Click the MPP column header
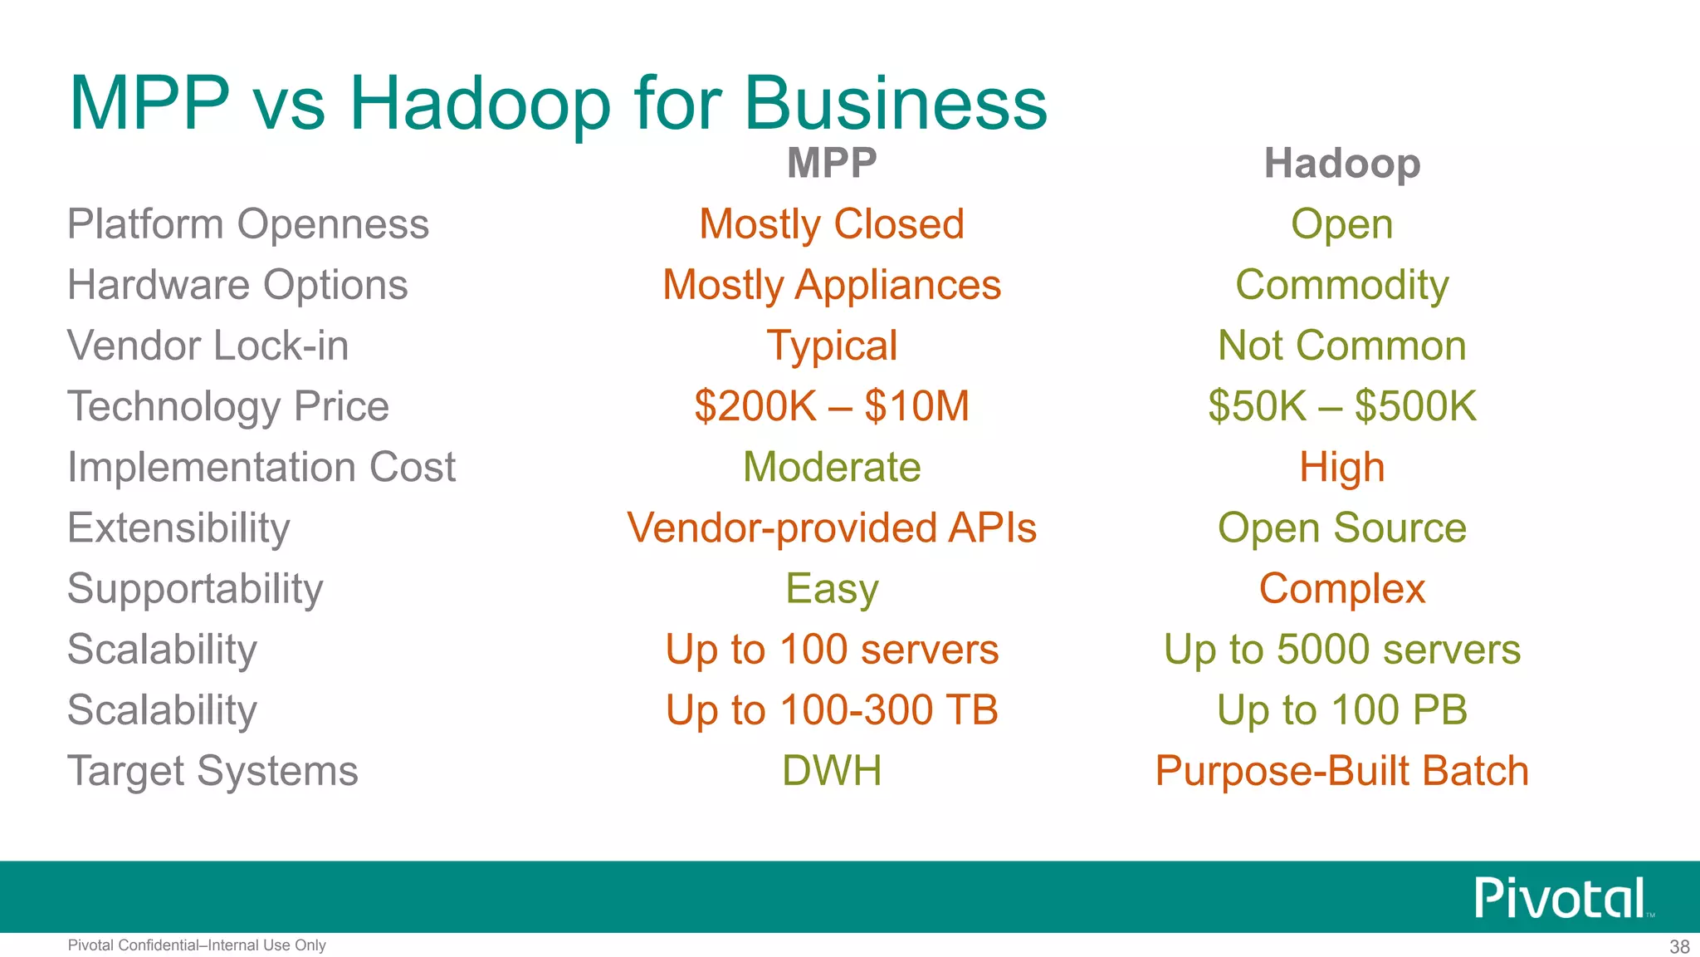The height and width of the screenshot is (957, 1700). (x=832, y=163)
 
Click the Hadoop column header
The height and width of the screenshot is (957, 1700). (x=1341, y=163)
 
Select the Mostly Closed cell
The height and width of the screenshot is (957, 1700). (x=832, y=224)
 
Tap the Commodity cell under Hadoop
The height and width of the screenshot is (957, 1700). (x=1341, y=285)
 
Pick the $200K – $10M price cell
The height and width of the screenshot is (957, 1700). (x=832, y=406)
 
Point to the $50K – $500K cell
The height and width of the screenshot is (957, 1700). (x=1341, y=406)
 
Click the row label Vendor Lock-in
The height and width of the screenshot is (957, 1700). (x=208, y=346)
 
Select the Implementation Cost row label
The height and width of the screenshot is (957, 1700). (x=261, y=467)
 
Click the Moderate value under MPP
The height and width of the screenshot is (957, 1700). (x=832, y=467)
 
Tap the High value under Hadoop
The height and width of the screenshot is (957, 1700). (x=1341, y=467)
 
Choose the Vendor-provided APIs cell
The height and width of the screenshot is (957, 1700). (x=832, y=528)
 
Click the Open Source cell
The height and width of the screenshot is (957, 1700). (x=1341, y=528)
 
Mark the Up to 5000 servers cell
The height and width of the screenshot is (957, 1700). (x=1341, y=649)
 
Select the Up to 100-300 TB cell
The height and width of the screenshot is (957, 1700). (x=832, y=709)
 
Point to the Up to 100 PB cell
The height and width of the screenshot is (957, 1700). (x=1341, y=709)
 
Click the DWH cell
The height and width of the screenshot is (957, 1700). (x=832, y=771)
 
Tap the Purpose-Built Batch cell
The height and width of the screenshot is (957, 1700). (x=1341, y=771)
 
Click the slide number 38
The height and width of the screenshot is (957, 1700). (x=1679, y=947)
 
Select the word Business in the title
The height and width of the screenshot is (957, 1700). (x=896, y=104)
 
